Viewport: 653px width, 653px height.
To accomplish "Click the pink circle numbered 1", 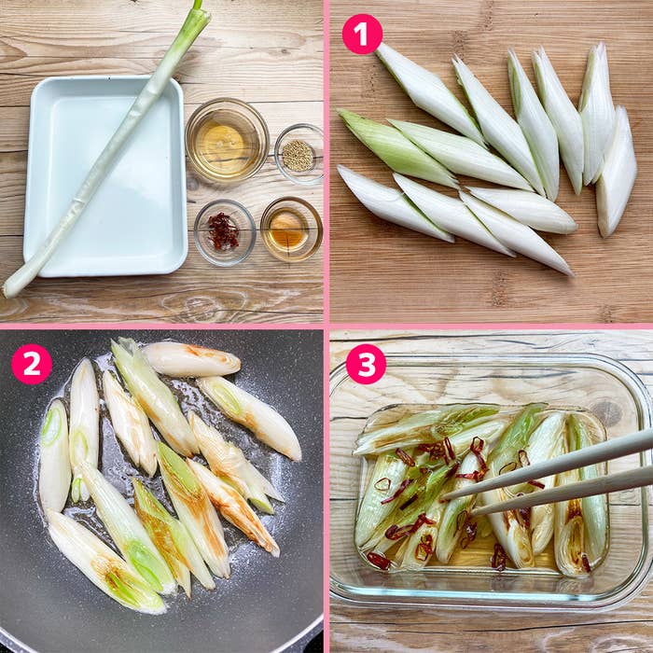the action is point(362,35).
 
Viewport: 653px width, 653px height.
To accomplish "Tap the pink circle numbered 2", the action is point(32,364).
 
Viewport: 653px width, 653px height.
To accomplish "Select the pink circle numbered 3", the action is point(366,364).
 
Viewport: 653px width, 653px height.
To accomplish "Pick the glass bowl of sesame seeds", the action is point(299,154).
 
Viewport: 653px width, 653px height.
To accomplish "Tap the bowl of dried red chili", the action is point(225,232).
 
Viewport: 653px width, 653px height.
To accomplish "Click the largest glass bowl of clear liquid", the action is point(227,140).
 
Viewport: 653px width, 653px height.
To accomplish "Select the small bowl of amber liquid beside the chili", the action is point(291,229).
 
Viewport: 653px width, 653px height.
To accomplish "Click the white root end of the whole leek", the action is point(17,284).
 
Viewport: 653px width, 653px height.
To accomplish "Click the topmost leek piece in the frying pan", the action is point(191,359).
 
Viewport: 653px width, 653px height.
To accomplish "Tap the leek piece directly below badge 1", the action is point(429,93).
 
